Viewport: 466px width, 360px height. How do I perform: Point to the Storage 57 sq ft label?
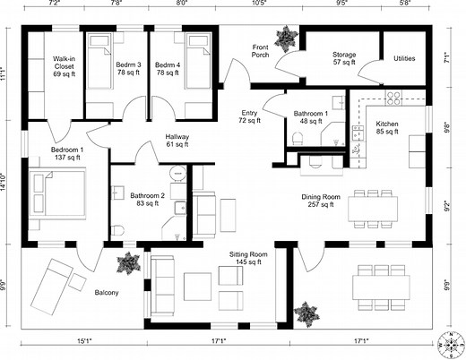point(344,59)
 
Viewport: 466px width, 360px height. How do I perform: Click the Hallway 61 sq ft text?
point(177,140)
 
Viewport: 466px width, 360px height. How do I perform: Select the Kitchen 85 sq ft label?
point(387,129)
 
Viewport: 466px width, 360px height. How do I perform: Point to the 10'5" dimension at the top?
point(258,4)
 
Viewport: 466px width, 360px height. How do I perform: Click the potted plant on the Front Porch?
point(286,38)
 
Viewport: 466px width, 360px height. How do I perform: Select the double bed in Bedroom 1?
point(57,193)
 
